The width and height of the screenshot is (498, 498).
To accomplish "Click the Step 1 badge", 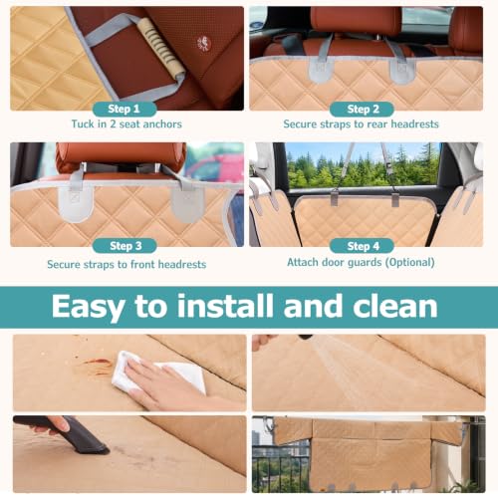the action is [124, 109].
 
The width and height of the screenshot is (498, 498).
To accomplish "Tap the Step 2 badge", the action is [362, 109].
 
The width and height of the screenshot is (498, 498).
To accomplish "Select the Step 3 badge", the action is [124, 246].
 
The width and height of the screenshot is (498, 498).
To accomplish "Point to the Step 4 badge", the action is [362, 246].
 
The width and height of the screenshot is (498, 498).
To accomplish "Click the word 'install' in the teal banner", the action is [225, 306].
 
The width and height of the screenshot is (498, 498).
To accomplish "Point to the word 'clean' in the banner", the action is [395, 306].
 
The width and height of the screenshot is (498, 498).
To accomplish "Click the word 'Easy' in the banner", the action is [89, 308].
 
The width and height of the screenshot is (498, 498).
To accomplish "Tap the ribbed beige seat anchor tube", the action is [161, 47].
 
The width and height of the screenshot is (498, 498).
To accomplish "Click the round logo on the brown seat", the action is [204, 44].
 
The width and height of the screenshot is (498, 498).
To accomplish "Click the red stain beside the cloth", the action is [98, 363].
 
